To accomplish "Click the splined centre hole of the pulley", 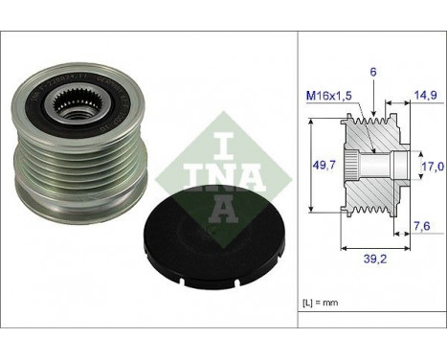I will coord(73,100).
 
